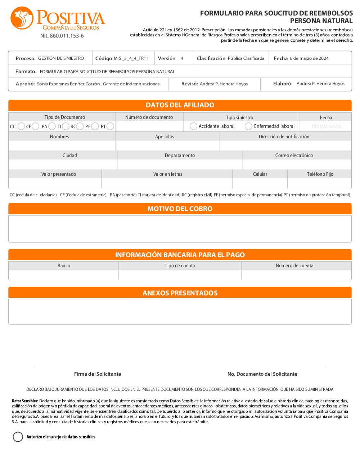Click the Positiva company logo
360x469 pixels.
[x=58, y=18]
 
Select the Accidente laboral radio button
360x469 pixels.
[x=193, y=126]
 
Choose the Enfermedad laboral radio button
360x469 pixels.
[x=248, y=126]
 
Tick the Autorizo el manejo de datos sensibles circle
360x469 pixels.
[x=18, y=437]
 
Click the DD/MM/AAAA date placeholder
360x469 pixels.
[x=326, y=126]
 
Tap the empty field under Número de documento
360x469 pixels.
[x=149, y=126]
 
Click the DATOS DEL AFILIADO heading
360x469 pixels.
[x=180, y=105]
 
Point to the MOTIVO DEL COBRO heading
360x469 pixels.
[x=180, y=209]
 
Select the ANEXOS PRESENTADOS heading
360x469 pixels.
[x=180, y=293]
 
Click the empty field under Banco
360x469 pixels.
[x=64, y=275]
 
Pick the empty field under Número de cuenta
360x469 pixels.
[x=296, y=275]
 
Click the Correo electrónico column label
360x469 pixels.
[x=294, y=156]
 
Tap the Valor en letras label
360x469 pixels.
[x=168, y=174]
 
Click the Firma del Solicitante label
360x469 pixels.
[x=98, y=374]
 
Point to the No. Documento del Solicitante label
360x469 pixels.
[x=262, y=374]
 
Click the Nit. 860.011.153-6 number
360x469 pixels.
[x=62, y=36]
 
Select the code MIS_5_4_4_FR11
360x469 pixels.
[x=131, y=58]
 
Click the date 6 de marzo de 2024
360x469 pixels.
[x=309, y=58]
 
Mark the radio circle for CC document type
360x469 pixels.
[x=21, y=126]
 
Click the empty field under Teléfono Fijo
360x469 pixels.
[x=320, y=184]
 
